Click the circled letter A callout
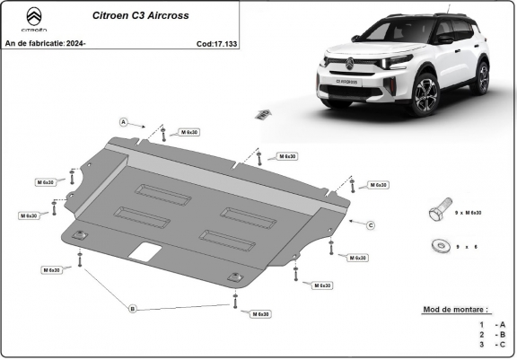(x=124, y=120)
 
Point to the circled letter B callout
(x=133, y=309)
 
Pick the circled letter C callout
(x=370, y=224)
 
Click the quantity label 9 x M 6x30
(x=467, y=213)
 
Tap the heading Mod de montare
(x=455, y=309)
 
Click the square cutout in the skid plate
(x=142, y=252)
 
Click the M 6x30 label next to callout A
(x=188, y=133)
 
